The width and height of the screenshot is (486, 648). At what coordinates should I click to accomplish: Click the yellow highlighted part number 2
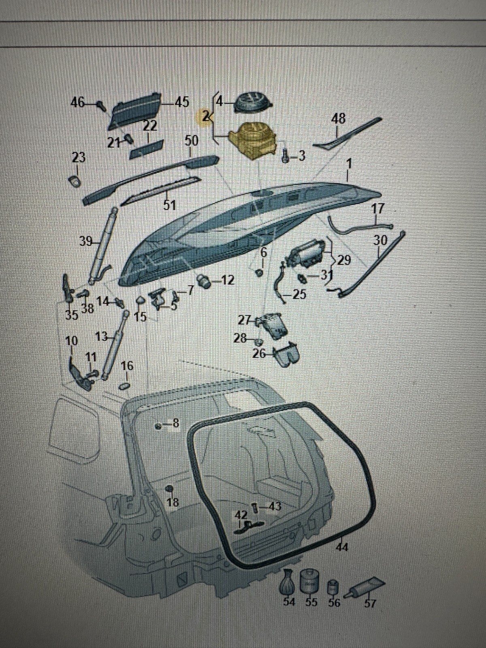pos(206,117)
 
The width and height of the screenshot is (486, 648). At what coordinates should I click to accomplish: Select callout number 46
pos(77,102)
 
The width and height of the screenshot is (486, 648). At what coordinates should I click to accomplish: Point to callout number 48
pos(338,118)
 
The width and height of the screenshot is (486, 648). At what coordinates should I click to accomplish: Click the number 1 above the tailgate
pos(350,164)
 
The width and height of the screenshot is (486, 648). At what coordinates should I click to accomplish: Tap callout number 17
pos(377,209)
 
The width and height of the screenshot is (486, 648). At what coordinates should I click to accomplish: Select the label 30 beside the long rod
pos(380,241)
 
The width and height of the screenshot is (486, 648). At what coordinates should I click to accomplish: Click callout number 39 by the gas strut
pos(86,242)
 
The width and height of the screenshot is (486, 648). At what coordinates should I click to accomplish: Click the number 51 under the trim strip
pos(169,205)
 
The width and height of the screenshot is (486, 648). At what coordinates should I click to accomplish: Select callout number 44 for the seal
pos(342,548)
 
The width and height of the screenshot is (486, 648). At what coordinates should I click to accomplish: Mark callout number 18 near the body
pos(173,503)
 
